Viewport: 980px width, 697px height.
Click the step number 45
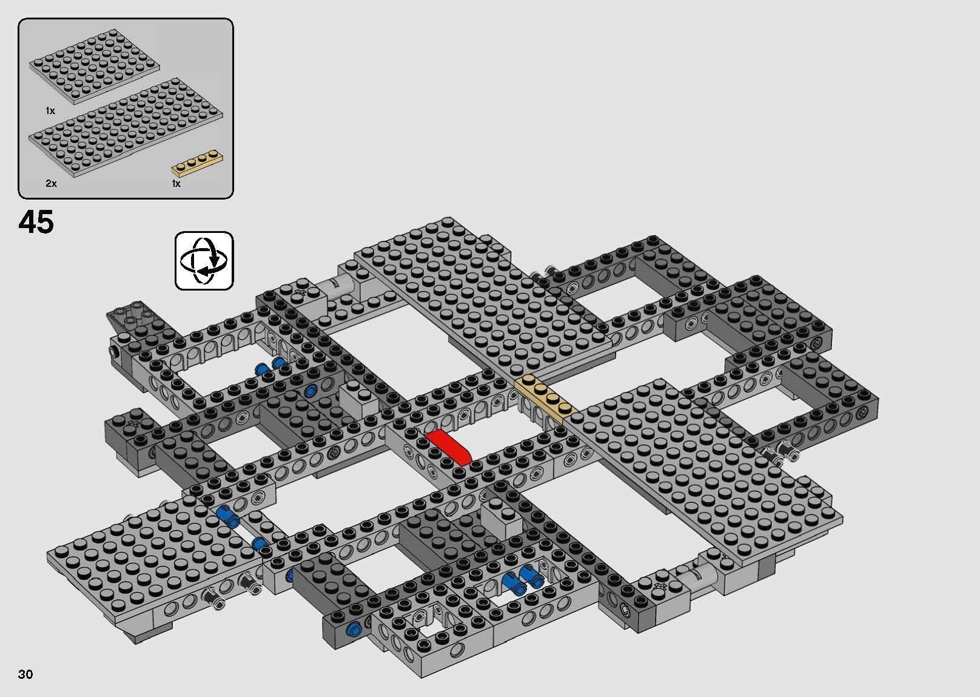tap(36, 223)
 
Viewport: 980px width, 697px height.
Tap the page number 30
tap(25, 675)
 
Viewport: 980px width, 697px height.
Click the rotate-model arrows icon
tap(204, 260)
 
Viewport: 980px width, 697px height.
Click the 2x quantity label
tap(51, 183)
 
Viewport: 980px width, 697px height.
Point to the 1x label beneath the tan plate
tap(176, 183)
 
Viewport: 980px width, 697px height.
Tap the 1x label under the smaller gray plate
tap(50, 111)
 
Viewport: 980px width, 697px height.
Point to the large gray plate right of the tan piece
tap(697, 461)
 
